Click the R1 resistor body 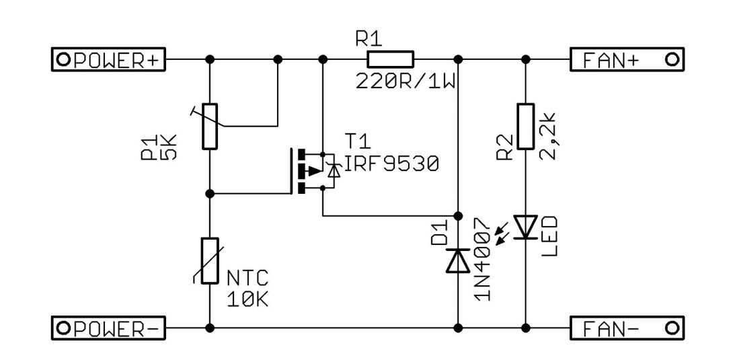(390, 59)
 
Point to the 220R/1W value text (406, 83)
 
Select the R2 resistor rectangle (526, 127)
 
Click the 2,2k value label (549, 136)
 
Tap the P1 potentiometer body (210, 127)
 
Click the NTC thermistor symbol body (210, 260)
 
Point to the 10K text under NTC (247, 299)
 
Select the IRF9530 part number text (392, 164)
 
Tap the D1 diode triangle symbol (458, 261)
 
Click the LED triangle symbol (526, 227)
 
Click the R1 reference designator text (369, 40)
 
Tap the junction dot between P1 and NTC (210, 194)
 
